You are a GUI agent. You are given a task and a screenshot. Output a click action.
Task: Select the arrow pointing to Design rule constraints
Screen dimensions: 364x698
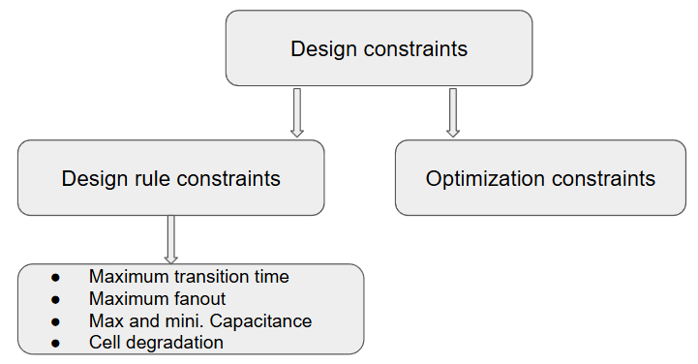click(x=297, y=112)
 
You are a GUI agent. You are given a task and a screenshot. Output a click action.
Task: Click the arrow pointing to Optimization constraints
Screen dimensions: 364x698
click(x=452, y=112)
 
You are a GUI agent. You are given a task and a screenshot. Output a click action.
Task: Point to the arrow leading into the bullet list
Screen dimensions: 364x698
click(x=171, y=239)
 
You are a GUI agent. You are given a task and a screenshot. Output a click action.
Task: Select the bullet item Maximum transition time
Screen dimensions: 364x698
click(x=189, y=277)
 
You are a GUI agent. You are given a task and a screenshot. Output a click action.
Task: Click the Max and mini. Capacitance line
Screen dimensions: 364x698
click(x=200, y=320)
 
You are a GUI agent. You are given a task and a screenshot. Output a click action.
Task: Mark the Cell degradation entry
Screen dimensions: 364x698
click(x=156, y=342)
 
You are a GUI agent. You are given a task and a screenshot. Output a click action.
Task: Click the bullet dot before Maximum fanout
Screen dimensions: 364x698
click(x=55, y=299)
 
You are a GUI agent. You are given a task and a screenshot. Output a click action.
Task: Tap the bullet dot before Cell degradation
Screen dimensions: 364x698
click(x=55, y=343)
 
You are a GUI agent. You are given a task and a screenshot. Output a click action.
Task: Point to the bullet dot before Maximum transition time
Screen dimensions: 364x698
click(x=55, y=278)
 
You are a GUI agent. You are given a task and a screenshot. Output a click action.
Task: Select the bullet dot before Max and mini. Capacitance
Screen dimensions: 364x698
click(x=55, y=321)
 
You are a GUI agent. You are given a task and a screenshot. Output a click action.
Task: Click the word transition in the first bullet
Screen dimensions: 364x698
click(x=209, y=277)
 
